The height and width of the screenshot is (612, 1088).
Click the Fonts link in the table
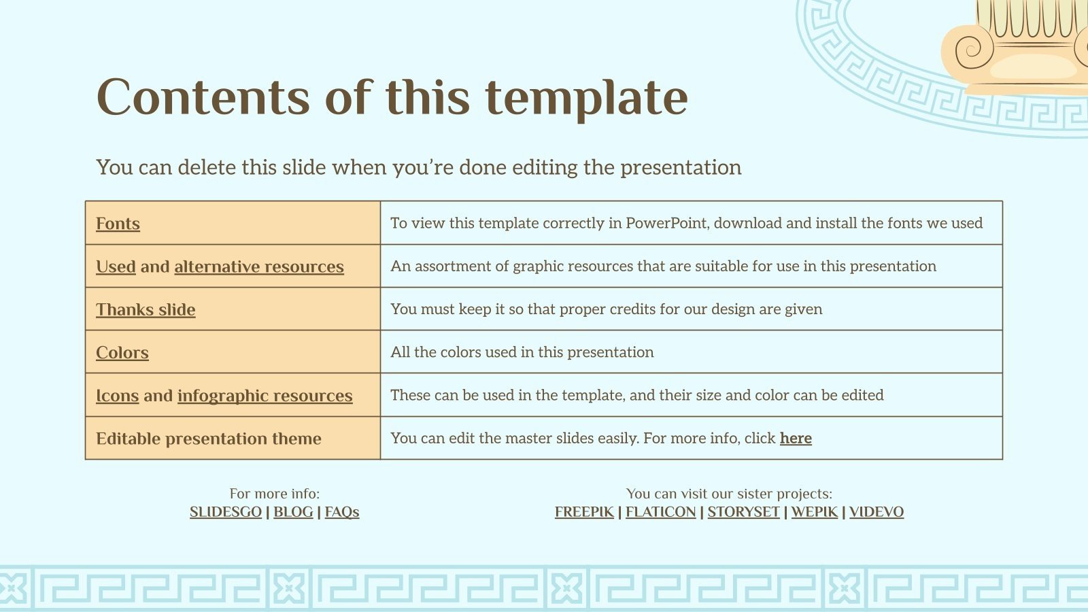[118, 224]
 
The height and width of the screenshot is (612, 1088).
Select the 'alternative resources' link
[259, 267]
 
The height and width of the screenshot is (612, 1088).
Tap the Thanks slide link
[146, 309]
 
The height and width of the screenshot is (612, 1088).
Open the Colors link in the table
[122, 352]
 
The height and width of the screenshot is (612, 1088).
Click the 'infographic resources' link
[265, 396]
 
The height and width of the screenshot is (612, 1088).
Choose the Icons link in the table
[117, 396]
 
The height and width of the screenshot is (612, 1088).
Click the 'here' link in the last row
[796, 438]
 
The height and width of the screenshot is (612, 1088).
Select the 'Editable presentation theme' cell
[208, 439]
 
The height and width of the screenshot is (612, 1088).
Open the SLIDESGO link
[225, 512]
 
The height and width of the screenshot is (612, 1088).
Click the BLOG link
[293, 512]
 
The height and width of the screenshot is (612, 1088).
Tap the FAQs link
[341, 512]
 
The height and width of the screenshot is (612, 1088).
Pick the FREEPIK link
[583, 512]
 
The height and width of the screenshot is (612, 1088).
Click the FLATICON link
[660, 512]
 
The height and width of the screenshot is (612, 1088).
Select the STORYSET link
[743, 512]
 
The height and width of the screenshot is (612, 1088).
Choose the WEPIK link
[814, 512]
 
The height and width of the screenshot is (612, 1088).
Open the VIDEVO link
[876, 512]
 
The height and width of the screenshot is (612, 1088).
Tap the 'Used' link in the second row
[116, 267]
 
